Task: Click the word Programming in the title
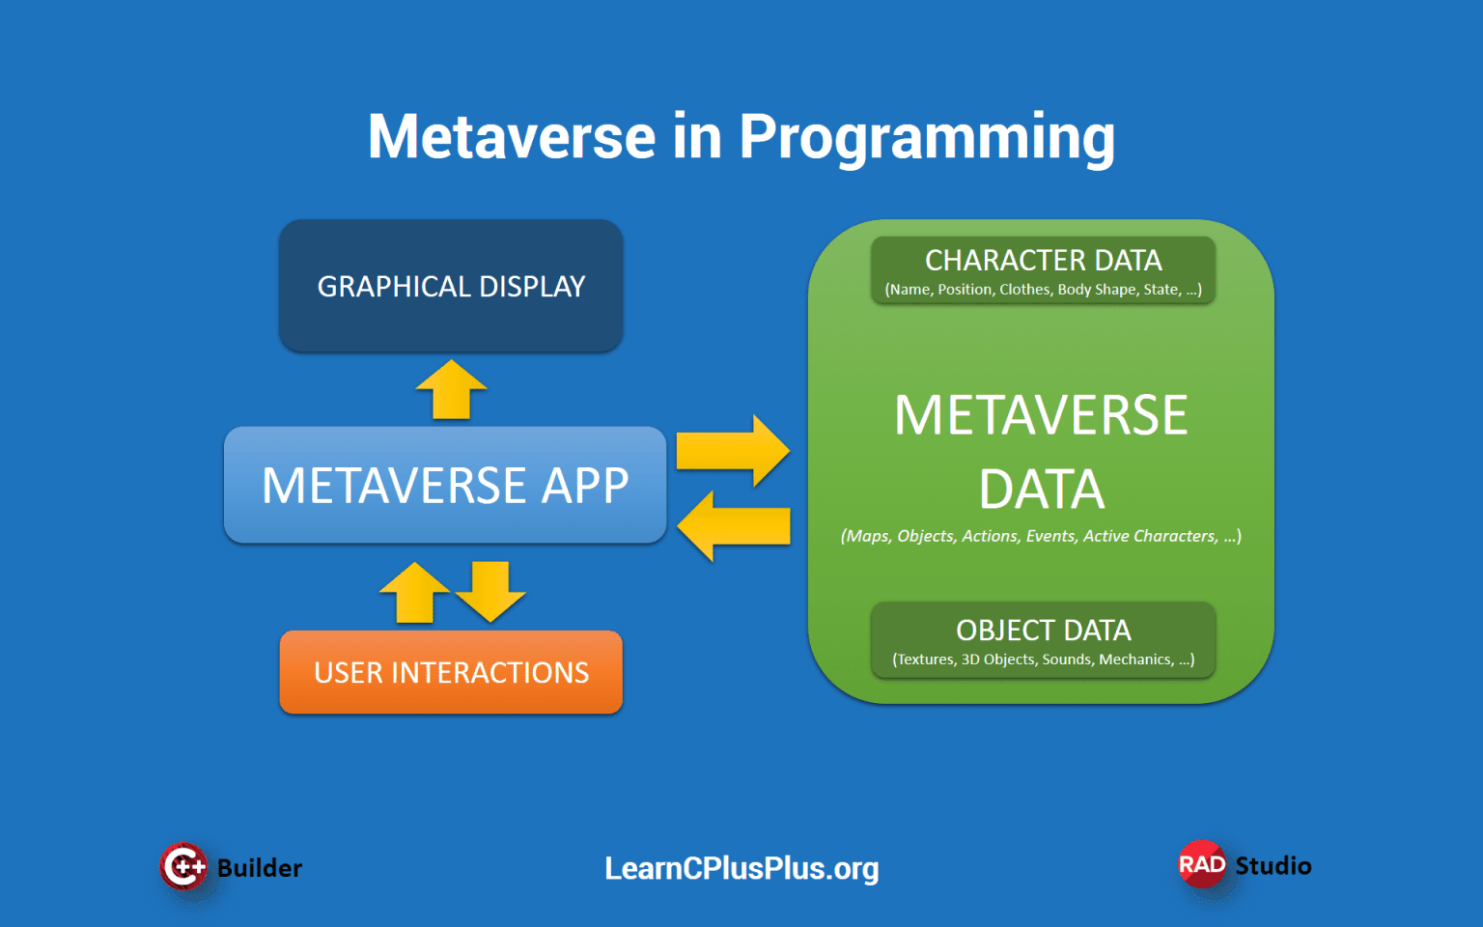click(x=927, y=137)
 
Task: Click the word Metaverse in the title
click(x=512, y=137)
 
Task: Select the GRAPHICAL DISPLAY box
click(x=451, y=286)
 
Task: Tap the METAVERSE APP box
click(x=445, y=485)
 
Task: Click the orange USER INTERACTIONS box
click(x=451, y=672)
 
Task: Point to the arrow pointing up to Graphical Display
click(x=451, y=390)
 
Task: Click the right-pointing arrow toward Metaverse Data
click(x=733, y=451)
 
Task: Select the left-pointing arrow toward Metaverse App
click(x=733, y=526)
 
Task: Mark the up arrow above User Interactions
click(x=414, y=593)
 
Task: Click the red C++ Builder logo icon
click(x=183, y=866)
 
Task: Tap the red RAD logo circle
click(x=1202, y=864)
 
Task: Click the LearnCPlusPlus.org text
click(x=741, y=868)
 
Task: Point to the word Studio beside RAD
click(x=1273, y=865)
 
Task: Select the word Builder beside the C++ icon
click(x=259, y=868)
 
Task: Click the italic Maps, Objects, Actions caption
click(x=1041, y=536)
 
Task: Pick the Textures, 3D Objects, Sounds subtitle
click(x=1043, y=660)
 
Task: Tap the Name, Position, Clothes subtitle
click(x=1043, y=290)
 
